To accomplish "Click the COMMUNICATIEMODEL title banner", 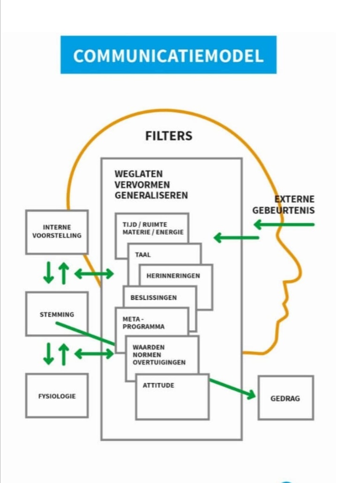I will pyautogui.click(x=168, y=55).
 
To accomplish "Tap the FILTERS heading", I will pyautogui.click(x=169, y=136).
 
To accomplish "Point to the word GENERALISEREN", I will pyautogui.click(x=151, y=195).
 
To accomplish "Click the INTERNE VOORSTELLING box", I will pyautogui.click(x=57, y=232).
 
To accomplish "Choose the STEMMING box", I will pyautogui.click(x=57, y=314).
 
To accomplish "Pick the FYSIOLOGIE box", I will pyautogui.click(x=57, y=396).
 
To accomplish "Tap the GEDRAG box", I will pyautogui.click(x=285, y=398).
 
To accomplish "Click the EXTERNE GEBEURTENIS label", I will pyautogui.click(x=284, y=205).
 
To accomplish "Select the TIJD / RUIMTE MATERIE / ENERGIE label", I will pyautogui.click(x=153, y=228).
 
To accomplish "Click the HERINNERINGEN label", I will pyautogui.click(x=173, y=276).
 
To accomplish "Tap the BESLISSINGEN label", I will pyautogui.click(x=154, y=297).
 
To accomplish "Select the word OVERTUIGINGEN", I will pyautogui.click(x=159, y=362).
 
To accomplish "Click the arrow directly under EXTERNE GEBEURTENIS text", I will pyautogui.click(x=284, y=225).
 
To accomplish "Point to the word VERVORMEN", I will pyautogui.click(x=142, y=185).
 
